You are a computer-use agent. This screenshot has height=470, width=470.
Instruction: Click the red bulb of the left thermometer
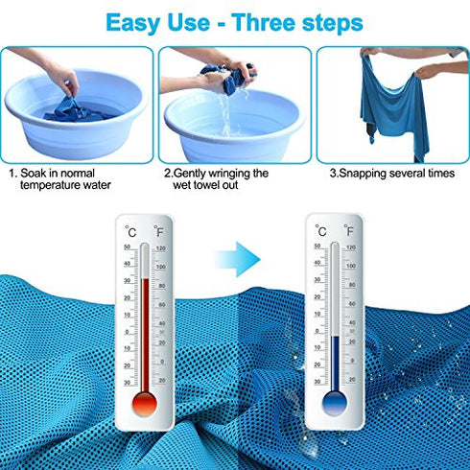pos(145,403)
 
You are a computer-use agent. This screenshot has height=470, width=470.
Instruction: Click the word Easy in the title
pos(140,22)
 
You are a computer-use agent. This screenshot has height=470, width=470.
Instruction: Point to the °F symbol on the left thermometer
pos(160,230)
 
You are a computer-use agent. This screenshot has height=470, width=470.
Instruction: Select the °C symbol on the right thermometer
pos(320,230)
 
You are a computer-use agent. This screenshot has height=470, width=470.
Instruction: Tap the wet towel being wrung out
pos(222,78)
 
